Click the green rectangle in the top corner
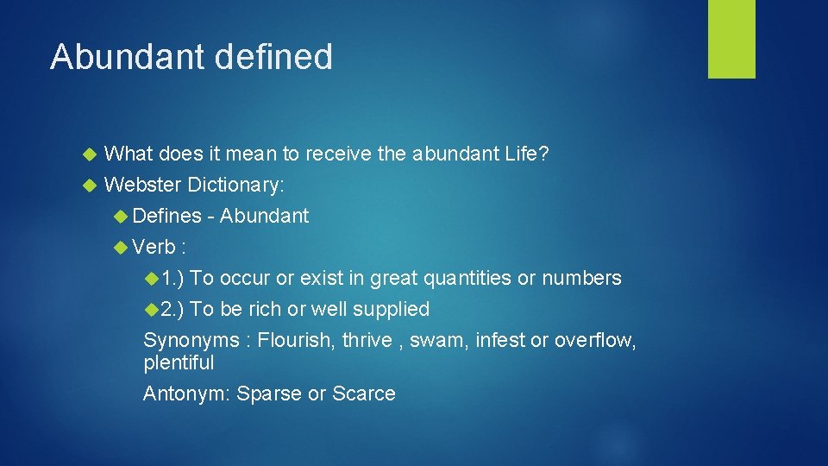pyautogui.click(x=731, y=39)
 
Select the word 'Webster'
pyautogui.click(x=142, y=184)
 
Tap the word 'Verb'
pyautogui.click(x=154, y=247)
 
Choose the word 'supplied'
pyautogui.click(x=390, y=309)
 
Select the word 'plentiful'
pyautogui.click(x=179, y=362)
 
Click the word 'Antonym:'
pyautogui.click(x=186, y=394)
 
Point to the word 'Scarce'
pyautogui.click(x=363, y=394)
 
